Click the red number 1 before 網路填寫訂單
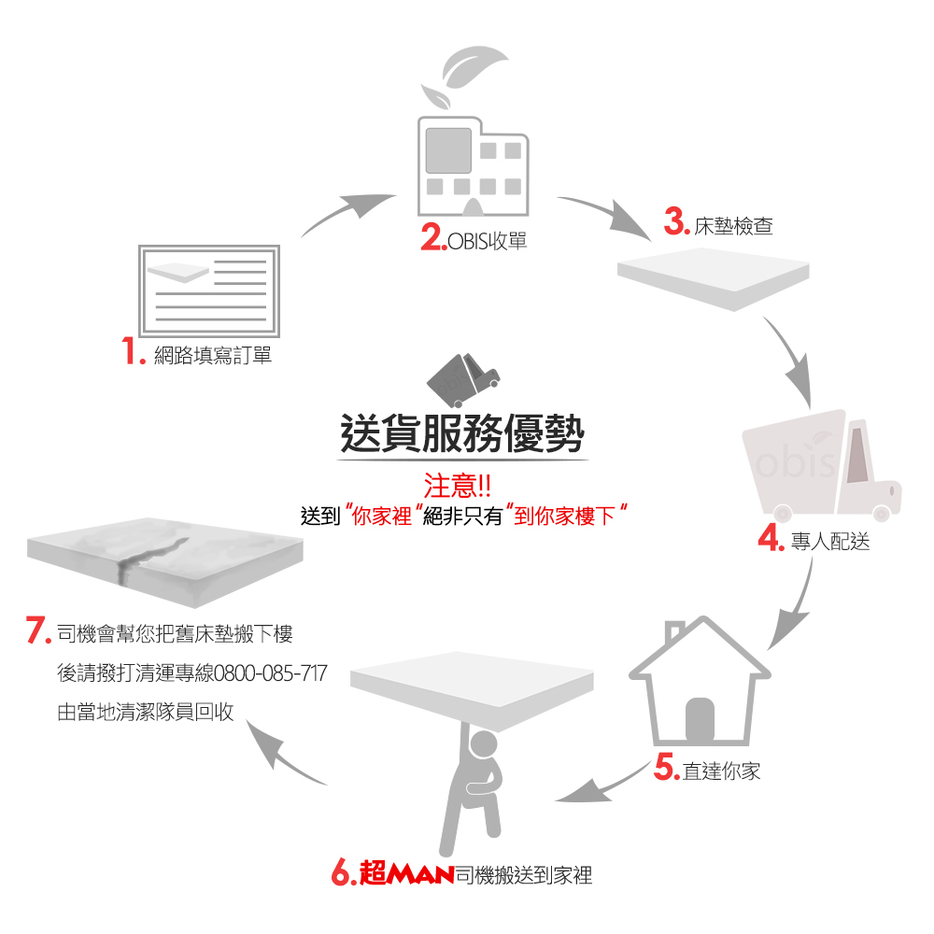pyautogui.click(x=130, y=353)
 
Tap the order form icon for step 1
pyautogui.click(x=208, y=290)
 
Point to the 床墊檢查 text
pyautogui.click(x=733, y=225)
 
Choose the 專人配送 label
pyautogui.click(x=829, y=541)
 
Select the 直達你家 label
pyautogui.click(x=721, y=771)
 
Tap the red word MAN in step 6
pyautogui.click(x=421, y=876)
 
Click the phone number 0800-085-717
pyautogui.click(x=271, y=672)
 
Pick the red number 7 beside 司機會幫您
pyautogui.click(x=37, y=632)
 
